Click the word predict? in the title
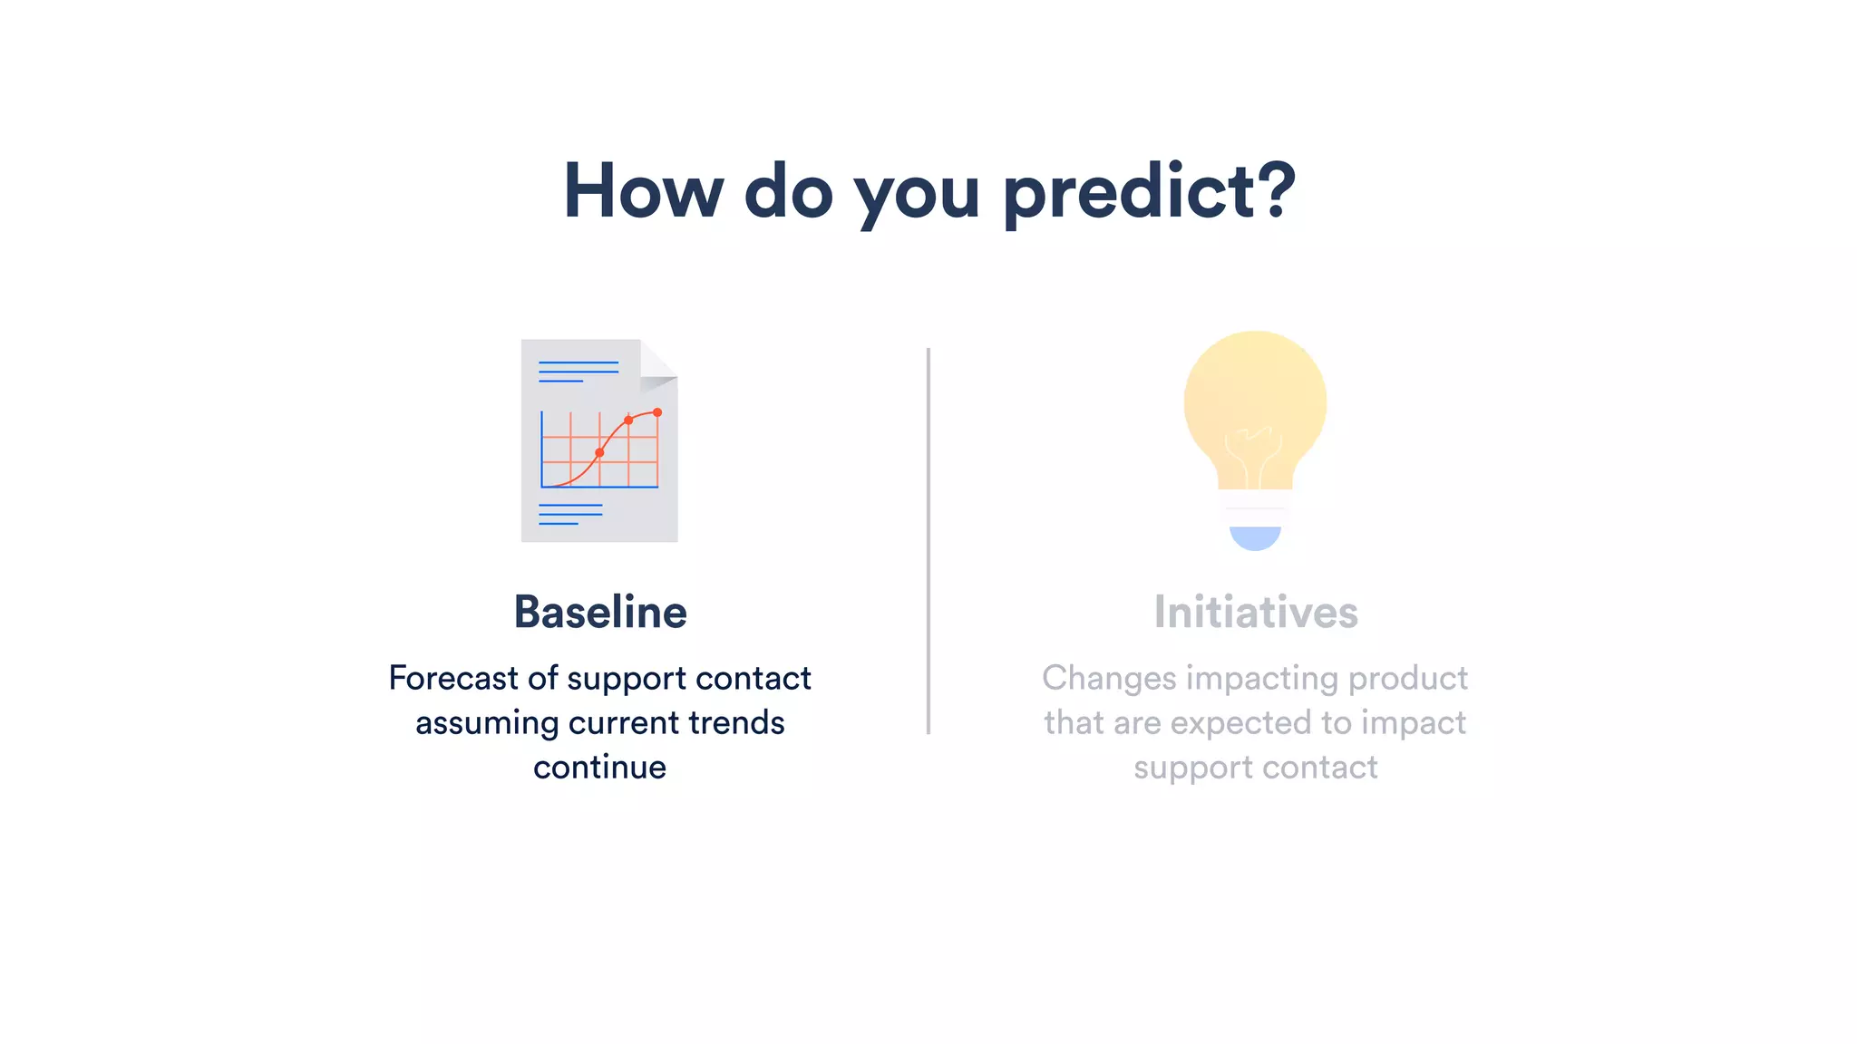pyautogui.click(x=1149, y=192)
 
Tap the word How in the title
pyautogui.click(x=643, y=192)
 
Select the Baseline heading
pyautogui.click(x=600, y=613)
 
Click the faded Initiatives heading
pyautogui.click(x=1256, y=613)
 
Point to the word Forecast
pyautogui.click(x=452, y=678)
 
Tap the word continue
pyautogui.click(x=599, y=767)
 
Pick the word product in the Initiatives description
pyautogui.click(x=1407, y=678)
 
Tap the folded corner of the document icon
pyautogui.click(x=657, y=365)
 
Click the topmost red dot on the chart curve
pyautogui.click(x=657, y=412)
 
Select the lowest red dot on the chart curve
pyautogui.click(x=599, y=452)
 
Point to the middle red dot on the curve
pyautogui.click(x=628, y=420)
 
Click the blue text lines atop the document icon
pyautogui.click(x=578, y=372)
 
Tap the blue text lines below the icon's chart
pyautogui.click(x=570, y=515)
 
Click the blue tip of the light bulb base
pyautogui.click(x=1255, y=538)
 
